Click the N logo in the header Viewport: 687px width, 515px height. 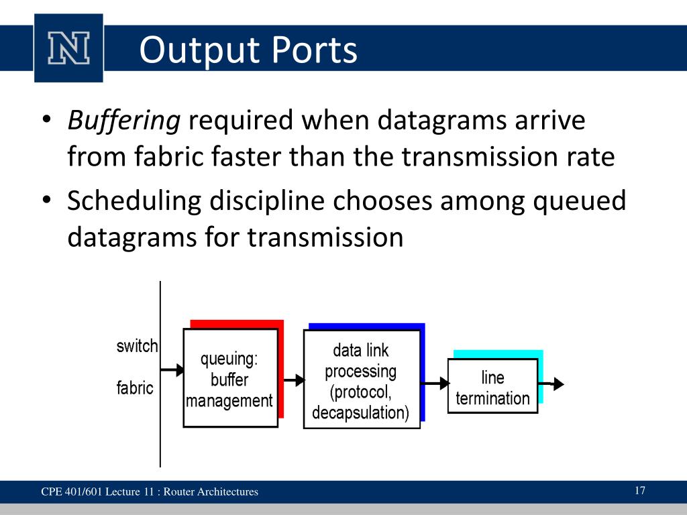(69, 48)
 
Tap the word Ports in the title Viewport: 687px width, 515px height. (314, 50)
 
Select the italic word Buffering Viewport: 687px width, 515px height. (124, 120)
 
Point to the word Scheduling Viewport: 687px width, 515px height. (134, 201)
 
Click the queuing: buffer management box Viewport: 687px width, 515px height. (231, 378)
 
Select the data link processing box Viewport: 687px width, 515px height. (362, 380)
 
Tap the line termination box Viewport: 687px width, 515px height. (493, 386)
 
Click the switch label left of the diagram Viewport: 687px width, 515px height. (137, 346)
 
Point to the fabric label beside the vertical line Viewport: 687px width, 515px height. (135, 388)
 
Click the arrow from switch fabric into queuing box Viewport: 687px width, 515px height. (172, 370)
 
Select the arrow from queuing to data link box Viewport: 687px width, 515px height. (294, 380)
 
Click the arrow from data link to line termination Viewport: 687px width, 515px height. (435, 384)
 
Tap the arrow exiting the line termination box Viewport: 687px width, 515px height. (551, 384)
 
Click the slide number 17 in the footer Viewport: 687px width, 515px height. (639, 490)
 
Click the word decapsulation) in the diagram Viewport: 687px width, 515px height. (360, 412)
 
